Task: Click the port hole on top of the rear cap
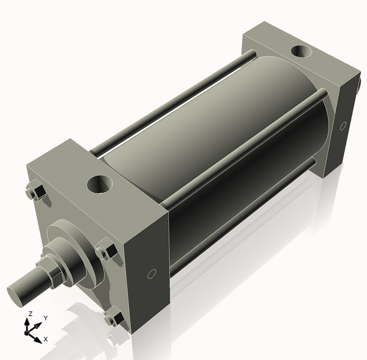(x=300, y=53)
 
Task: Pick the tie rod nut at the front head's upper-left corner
(x=34, y=192)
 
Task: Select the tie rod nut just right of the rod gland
(x=106, y=252)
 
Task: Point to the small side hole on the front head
(x=152, y=274)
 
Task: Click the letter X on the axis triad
(x=46, y=339)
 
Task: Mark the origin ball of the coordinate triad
(x=28, y=332)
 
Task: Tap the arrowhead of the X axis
(x=38, y=338)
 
